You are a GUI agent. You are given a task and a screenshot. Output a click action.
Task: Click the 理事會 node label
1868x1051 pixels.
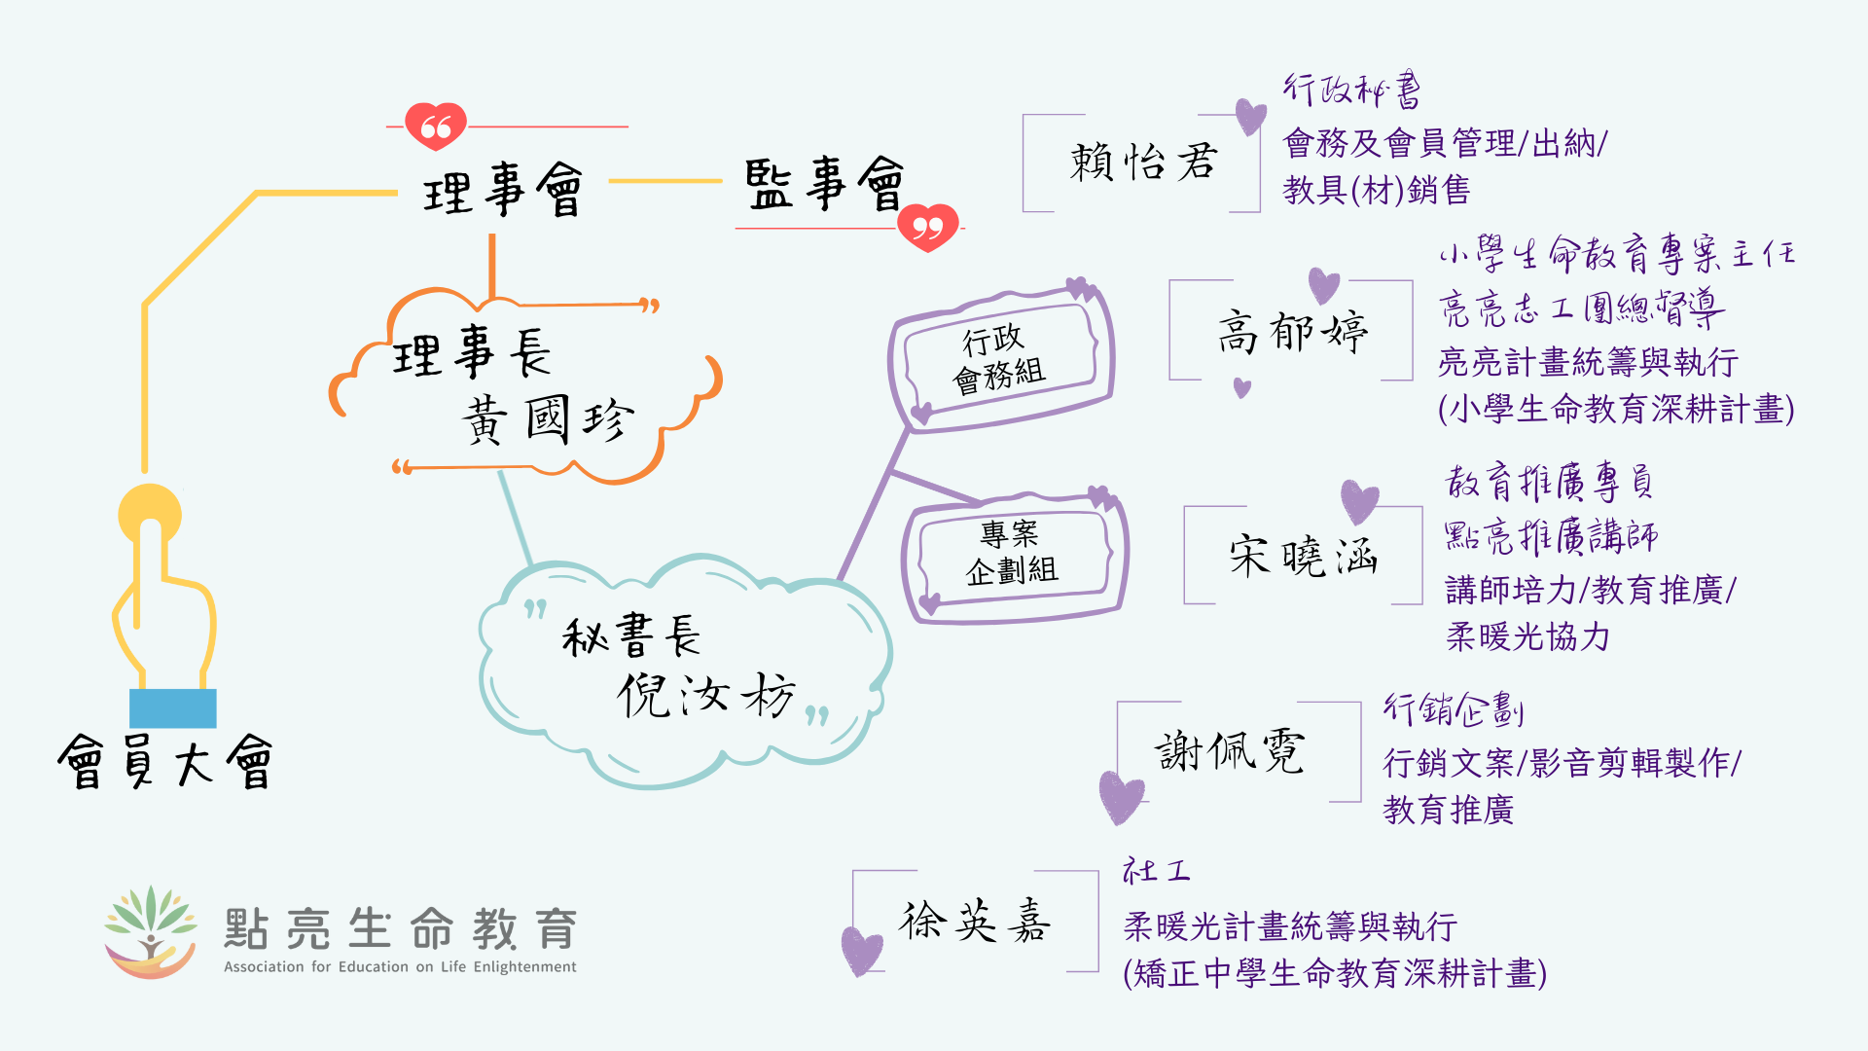tap(503, 190)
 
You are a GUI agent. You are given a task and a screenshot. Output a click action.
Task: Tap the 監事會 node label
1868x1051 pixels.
tap(824, 184)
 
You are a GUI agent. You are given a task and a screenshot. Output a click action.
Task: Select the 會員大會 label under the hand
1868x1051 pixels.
tap(165, 762)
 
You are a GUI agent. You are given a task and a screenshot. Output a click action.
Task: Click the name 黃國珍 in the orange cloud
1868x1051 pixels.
tap(548, 419)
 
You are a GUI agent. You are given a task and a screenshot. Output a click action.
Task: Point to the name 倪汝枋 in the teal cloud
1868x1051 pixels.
tap(706, 695)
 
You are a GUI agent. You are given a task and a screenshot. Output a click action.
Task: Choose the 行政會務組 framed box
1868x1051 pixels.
tap(1001, 357)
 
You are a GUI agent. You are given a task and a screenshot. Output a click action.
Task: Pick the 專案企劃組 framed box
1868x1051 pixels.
tap(1012, 553)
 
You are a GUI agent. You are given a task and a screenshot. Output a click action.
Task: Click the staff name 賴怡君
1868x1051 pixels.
tap(1143, 163)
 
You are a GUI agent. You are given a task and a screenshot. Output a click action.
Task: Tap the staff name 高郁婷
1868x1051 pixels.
tap(1292, 333)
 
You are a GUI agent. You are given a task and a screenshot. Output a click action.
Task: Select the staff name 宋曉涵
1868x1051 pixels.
tap(1303, 557)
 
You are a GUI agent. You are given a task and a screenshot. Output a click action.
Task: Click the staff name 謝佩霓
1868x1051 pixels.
tap(1230, 752)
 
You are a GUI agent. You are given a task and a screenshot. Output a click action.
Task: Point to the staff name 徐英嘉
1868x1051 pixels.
tap(975, 921)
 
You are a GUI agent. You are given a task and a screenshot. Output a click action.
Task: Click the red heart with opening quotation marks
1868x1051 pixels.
tap(436, 126)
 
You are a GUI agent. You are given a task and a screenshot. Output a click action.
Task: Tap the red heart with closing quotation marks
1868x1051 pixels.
tap(928, 227)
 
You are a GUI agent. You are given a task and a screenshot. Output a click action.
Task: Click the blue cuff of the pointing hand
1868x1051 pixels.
tap(173, 707)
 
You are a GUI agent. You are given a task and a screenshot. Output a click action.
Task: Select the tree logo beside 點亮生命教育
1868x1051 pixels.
tap(151, 931)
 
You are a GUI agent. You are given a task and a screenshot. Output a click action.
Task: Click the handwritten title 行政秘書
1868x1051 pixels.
tap(1351, 91)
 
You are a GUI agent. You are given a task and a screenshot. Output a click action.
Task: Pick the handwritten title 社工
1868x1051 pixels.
tap(1156, 870)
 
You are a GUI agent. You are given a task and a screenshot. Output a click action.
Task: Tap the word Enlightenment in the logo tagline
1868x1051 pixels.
tap(524, 966)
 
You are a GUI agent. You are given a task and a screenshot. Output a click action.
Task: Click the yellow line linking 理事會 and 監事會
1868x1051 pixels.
tap(665, 181)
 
